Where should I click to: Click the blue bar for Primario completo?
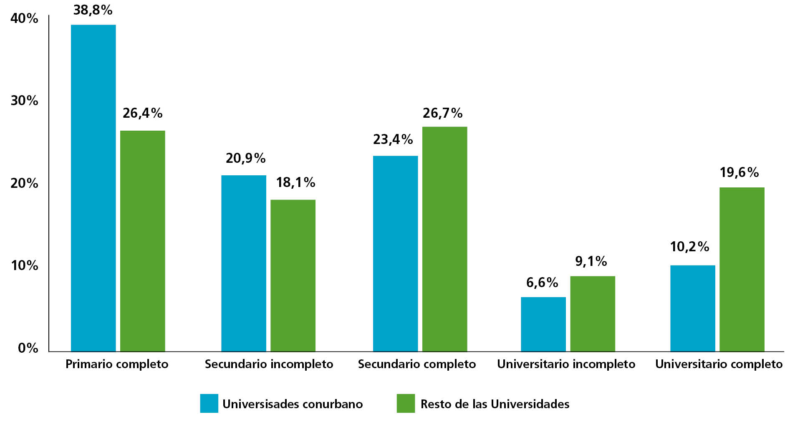(93, 188)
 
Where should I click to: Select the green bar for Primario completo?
(142, 241)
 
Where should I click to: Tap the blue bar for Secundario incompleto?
(243, 263)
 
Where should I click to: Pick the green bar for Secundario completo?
(444, 239)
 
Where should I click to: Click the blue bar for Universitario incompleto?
(543, 324)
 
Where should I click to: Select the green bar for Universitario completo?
(742, 269)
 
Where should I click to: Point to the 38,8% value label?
(93, 10)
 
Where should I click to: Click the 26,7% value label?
(442, 113)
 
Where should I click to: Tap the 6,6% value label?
(542, 283)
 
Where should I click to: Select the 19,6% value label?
(739, 172)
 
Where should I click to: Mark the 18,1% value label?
(295, 182)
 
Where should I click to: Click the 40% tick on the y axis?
(24, 18)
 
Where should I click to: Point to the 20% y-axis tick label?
(24, 183)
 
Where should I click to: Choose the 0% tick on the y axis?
(28, 348)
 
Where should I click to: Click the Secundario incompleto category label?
(269, 364)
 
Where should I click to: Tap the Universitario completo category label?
(718, 364)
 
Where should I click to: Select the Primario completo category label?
(117, 364)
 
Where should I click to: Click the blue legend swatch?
(209, 403)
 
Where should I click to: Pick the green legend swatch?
(406, 403)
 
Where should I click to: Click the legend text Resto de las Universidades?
(495, 404)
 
